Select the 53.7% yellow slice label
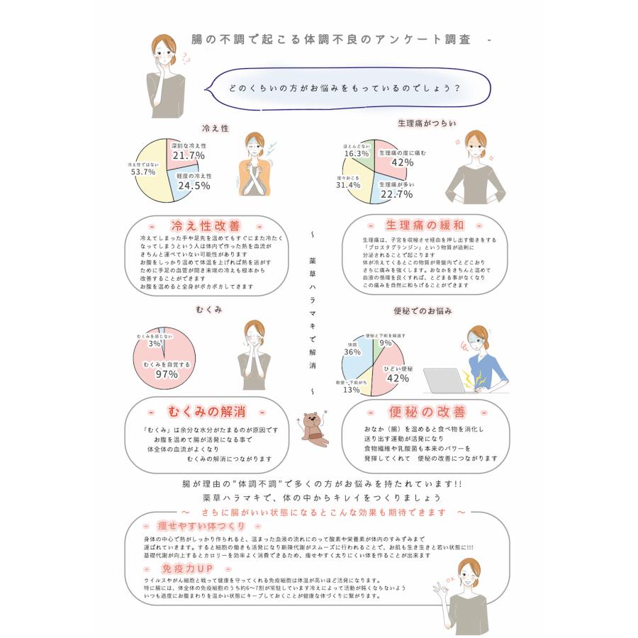143,172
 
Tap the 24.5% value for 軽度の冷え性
194,186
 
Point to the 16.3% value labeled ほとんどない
357,153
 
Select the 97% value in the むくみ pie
167,374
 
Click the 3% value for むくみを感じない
154,343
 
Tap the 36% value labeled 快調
352,352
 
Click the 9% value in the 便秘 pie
386,343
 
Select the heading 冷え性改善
196,225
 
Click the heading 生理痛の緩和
425,225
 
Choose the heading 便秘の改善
426,412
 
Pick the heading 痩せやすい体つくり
202,526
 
